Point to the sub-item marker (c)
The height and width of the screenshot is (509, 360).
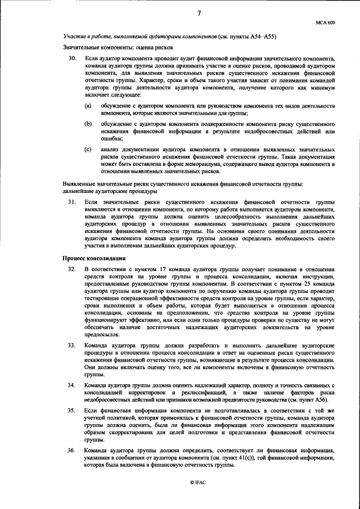pyautogui.click(x=88, y=150)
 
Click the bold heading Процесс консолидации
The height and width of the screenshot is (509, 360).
pyautogui.click(x=93, y=258)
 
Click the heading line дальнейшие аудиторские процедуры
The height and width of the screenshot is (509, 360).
pyautogui.click(x=110, y=191)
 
